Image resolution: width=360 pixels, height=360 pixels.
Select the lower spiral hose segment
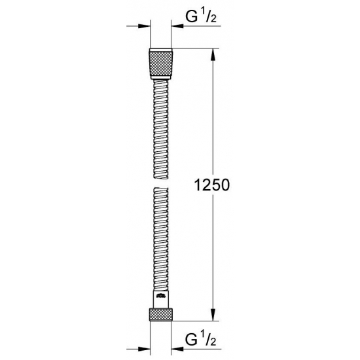click(160, 236)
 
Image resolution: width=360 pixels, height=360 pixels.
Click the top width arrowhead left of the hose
click(145, 27)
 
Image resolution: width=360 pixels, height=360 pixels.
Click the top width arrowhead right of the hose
click(176, 27)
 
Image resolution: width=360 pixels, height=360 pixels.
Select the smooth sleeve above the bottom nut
click(160, 298)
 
